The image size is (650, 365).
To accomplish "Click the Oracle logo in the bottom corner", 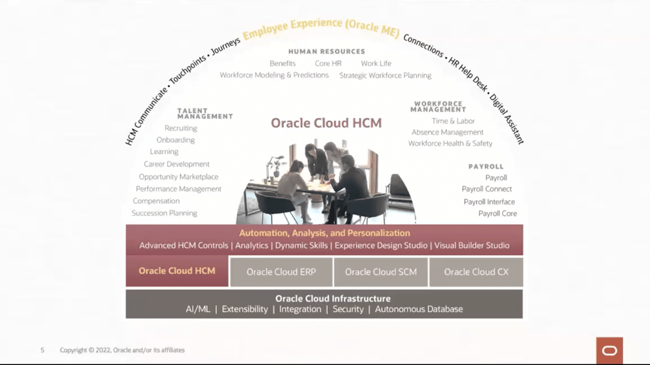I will coord(609,350).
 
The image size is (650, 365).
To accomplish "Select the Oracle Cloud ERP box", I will coord(281,272).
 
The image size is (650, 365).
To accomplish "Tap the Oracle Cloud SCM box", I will coord(380,272).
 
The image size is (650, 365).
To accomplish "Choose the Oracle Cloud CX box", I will coord(476,272).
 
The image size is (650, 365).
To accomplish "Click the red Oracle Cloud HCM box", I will coord(177,271).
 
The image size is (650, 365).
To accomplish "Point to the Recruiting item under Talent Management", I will coord(181,128).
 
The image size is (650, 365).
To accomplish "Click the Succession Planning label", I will coord(164,213).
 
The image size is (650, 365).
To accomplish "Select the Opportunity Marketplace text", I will coord(179,177).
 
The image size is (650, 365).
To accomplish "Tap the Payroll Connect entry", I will coord(487,189).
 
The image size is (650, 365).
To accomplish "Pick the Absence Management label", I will coord(447,132).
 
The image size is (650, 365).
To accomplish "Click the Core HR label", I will coord(328,64).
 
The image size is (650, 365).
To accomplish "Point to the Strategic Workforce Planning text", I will coord(385,75).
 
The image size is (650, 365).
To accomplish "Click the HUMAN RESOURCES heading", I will coord(326,52).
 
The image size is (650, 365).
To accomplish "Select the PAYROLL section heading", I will coord(486,167).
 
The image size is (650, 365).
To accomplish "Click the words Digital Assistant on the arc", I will coord(507,119).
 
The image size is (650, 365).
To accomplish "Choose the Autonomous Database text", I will coord(419,309).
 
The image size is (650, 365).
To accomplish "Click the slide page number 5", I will coord(42,350).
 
